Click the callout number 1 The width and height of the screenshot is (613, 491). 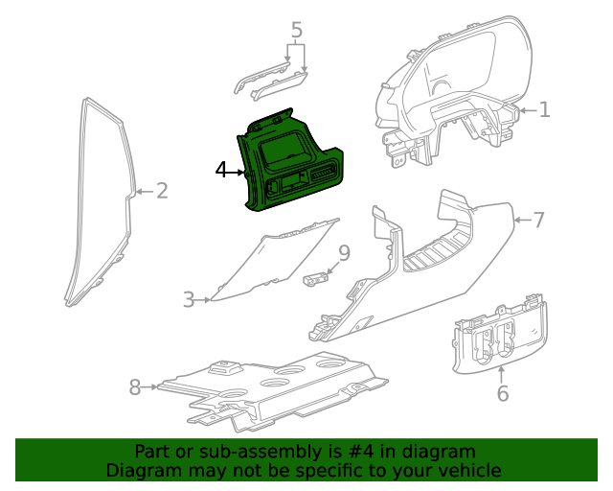coord(544,110)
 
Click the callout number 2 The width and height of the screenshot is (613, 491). coord(162,191)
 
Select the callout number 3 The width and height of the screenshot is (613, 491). coord(189,300)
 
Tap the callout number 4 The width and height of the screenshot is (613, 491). coord(221,170)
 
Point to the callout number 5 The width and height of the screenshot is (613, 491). coord(297,31)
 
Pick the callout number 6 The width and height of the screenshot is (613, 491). coord(503,393)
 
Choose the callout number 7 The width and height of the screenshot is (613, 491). coord(538,221)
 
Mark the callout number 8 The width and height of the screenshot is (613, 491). coord(135,387)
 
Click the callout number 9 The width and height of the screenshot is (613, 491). coord(344,253)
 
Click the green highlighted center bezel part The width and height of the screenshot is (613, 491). coord(287,163)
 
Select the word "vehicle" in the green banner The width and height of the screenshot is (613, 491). coord(469,470)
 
